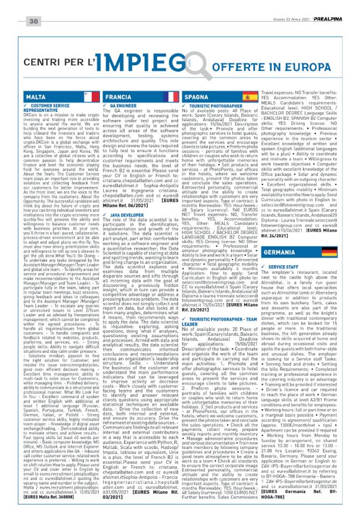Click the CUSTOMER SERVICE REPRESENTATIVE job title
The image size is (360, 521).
[x=49, y=109]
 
